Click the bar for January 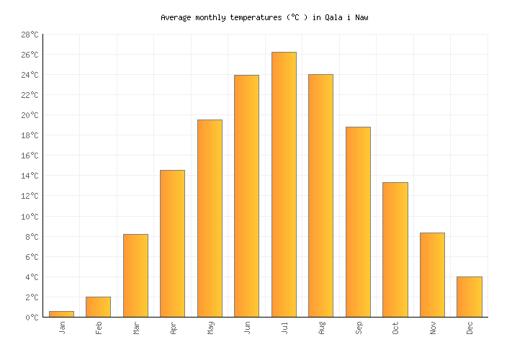pyautogui.click(x=61, y=314)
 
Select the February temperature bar pyautogui.click(x=98, y=307)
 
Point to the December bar pyautogui.click(x=470, y=297)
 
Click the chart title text pyautogui.click(x=264, y=17)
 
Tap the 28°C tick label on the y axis pyautogui.click(x=30, y=35)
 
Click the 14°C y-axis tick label pyautogui.click(x=30, y=176)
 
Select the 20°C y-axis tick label pyautogui.click(x=30, y=115)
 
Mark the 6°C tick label pyautogui.click(x=32, y=257)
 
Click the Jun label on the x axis pyautogui.click(x=247, y=328)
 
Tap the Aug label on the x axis pyautogui.click(x=321, y=328)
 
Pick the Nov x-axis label pyautogui.click(x=433, y=328)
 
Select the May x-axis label pyautogui.click(x=210, y=328)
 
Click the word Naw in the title pyautogui.click(x=361, y=17)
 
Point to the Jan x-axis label pyautogui.click(x=62, y=328)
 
